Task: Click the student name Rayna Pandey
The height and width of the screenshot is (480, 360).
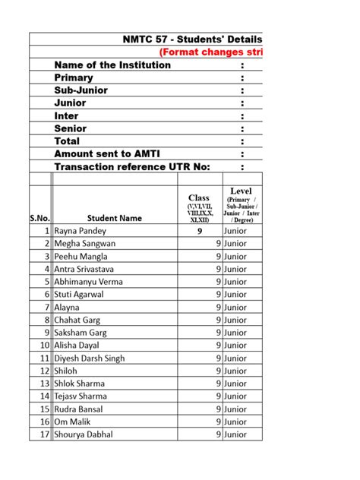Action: [81, 231]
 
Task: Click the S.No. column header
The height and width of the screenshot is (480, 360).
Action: [40, 218]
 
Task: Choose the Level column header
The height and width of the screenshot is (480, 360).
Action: [242, 191]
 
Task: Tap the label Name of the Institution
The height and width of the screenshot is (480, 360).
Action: [112, 65]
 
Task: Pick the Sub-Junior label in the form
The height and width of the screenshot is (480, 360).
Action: [81, 90]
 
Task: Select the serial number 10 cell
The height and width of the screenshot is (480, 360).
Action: [45, 346]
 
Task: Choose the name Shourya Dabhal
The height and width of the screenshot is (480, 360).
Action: [84, 434]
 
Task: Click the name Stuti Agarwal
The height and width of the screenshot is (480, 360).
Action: [79, 295]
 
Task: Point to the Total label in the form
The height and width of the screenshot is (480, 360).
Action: [67, 141]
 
